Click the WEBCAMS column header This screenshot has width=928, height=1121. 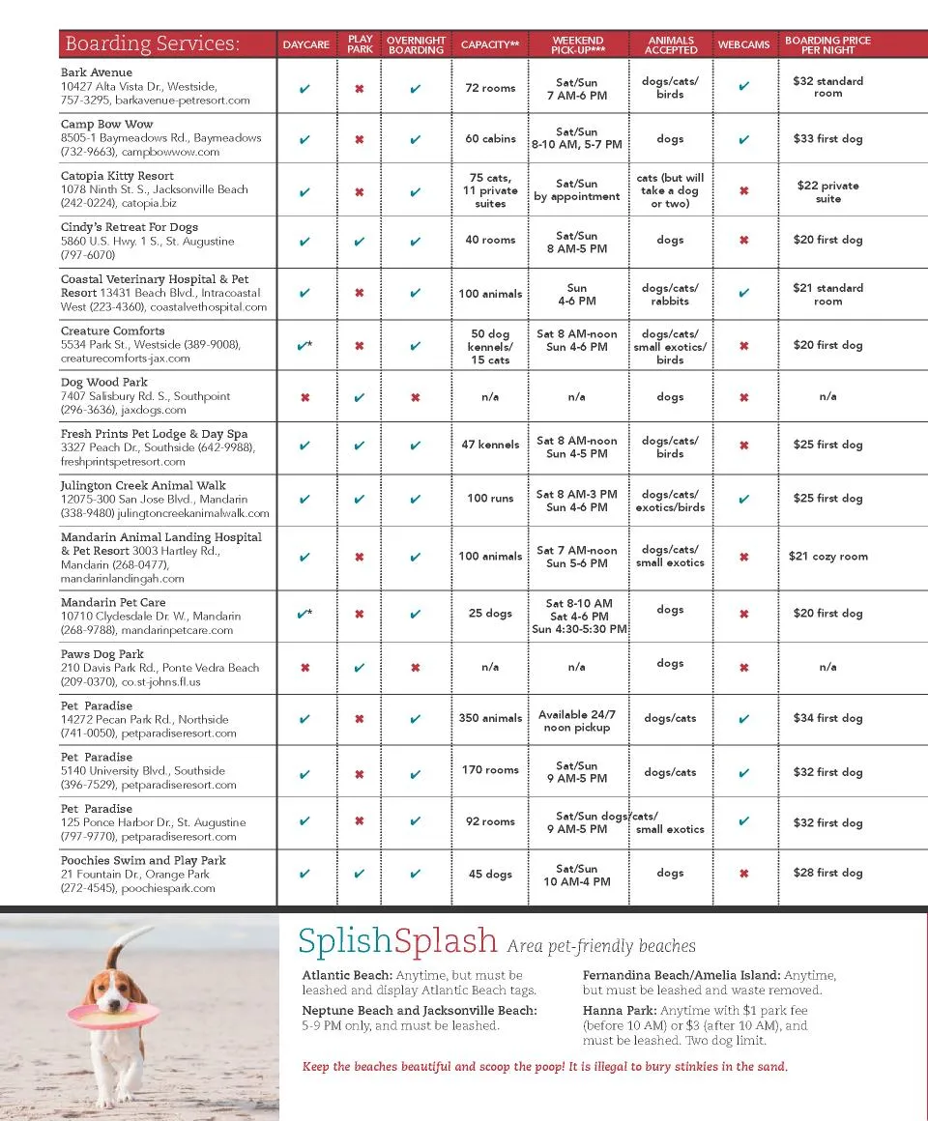click(743, 44)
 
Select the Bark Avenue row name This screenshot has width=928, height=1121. click(97, 72)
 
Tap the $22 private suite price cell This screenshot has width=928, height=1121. click(827, 191)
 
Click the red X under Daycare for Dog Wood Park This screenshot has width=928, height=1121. click(305, 397)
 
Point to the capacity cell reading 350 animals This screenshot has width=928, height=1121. click(490, 718)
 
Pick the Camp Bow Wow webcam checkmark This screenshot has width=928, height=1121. click(743, 139)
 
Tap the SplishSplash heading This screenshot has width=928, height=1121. click(397, 940)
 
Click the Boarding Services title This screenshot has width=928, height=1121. click(152, 44)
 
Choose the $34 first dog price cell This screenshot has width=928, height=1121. click(827, 718)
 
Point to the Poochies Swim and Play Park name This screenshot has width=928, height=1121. click(143, 860)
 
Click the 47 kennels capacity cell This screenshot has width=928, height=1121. click(490, 446)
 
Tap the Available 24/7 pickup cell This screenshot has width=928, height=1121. click(577, 721)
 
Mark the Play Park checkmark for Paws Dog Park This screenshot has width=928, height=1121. click(360, 668)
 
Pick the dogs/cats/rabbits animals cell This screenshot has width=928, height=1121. click(670, 295)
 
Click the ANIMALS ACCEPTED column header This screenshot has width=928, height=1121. click(671, 44)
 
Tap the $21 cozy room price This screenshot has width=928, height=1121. click(827, 557)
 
